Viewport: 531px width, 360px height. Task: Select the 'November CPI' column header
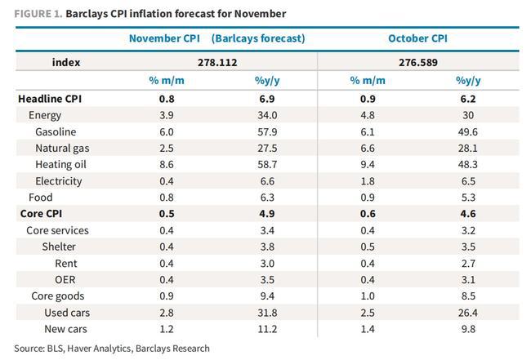click(165, 38)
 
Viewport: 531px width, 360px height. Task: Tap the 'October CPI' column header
click(417, 38)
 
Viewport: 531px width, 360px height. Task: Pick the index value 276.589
click(417, 62)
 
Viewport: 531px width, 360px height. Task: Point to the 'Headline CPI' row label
click(50, 99)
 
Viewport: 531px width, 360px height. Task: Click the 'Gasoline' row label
click(56, 131)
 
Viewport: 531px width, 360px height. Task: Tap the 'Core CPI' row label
click(42, 214)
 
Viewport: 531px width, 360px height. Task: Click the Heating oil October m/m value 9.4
click(364, 164)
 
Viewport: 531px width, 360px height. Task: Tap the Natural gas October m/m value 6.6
click(364, 148)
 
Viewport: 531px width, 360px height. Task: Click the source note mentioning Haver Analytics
click(112, 349)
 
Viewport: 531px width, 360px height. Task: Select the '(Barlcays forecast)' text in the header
click(258, 38)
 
